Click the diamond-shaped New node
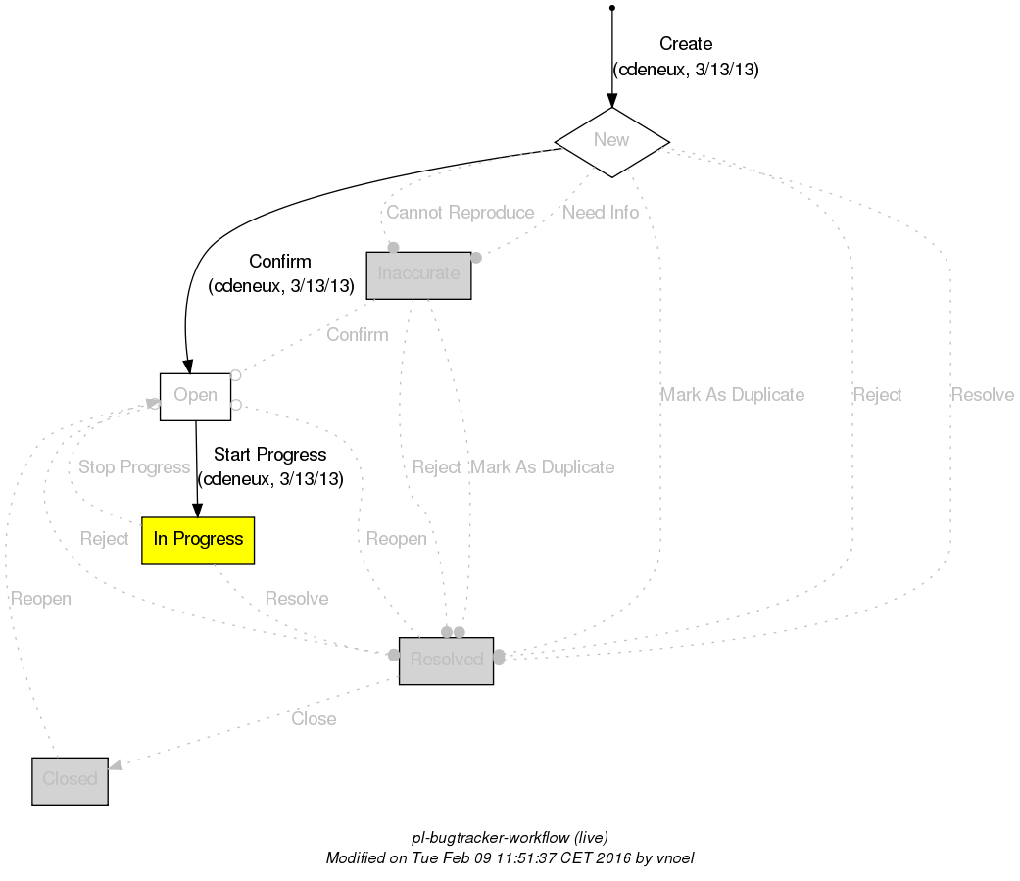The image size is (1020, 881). click(x=611, y=140)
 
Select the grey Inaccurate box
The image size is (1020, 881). click(x=418, y=274)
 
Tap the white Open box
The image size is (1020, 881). click(x=195, y=396)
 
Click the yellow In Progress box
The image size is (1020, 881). click(x=198, y=540)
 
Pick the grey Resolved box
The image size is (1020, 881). click(x=446, y=660)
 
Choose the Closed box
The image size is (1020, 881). click(x=70, y=780)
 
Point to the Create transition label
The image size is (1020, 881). click(x=685, y=44)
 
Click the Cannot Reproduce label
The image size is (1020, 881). click(x=460, y=213)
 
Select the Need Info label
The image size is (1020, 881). click(x=600, y=213)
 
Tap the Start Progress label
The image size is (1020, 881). click(x=269, y=455)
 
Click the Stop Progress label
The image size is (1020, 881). click(x=133, y=467)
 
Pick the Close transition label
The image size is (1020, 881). click(x=314, y=719)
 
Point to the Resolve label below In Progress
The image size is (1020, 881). click(x=296, y=599)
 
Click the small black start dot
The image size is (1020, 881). click(x=611, y=8)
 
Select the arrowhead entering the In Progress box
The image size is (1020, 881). click(x=197, y=510)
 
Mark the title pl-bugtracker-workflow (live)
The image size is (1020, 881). click(x=510, y=838)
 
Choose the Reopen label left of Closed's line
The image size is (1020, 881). click(x=41, y=599)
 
